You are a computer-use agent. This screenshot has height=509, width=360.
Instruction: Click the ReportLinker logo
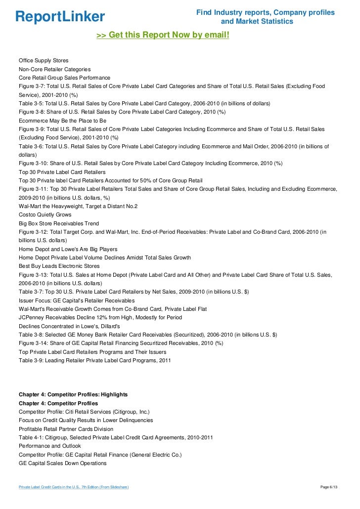[x=60, y=17]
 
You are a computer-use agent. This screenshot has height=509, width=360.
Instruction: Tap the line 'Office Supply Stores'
[x=44, y=60]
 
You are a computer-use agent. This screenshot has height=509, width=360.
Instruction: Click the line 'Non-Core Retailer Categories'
[x=54, y=69]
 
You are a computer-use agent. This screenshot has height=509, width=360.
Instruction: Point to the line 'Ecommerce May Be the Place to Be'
[x=62, y=120]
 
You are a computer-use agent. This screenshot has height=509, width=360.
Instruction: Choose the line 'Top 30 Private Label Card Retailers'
[x=62, y=171]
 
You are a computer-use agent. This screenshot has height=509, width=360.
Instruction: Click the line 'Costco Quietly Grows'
[x=45, y=214]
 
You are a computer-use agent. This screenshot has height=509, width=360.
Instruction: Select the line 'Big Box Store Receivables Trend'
[x=59, y=223]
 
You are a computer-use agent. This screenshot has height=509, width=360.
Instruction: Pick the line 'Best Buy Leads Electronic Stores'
[x=59, y=266]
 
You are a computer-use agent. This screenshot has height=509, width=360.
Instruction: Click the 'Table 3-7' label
[x=31, y=292]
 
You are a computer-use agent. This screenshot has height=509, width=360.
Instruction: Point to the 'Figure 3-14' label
[x=32, y=343]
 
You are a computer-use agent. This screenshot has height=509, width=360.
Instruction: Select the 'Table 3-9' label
[x=31, y=360]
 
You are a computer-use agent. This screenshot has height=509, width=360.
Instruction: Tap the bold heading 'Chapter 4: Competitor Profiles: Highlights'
[x=73, y=394]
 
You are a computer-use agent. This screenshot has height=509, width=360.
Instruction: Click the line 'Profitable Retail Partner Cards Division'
[x=66, y=428]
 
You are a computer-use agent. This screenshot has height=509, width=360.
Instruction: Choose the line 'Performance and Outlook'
[x=50, y=446]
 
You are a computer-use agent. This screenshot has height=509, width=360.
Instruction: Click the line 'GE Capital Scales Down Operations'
[x=62, y=463]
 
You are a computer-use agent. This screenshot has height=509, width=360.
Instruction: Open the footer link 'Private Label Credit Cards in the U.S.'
[x=74, y=487]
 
